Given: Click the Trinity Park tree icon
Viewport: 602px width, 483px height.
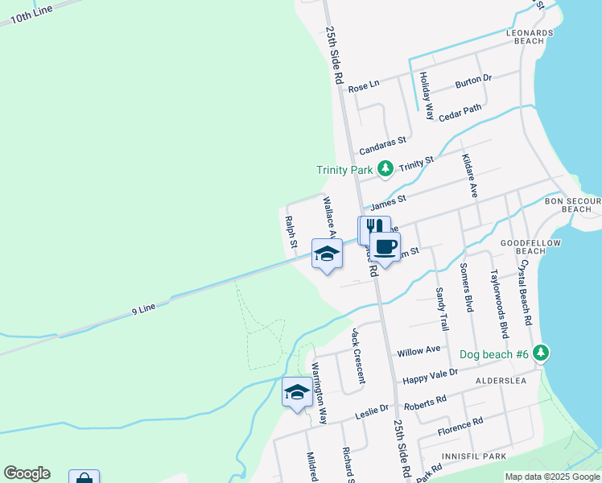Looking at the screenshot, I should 386,169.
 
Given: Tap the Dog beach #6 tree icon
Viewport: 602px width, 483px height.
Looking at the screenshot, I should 542,353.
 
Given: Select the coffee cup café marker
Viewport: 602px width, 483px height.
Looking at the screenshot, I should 385,246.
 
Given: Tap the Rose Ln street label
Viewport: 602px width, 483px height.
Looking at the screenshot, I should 363,86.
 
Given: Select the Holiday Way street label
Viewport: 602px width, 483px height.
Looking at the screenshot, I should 427,96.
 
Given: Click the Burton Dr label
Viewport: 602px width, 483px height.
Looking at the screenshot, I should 472,80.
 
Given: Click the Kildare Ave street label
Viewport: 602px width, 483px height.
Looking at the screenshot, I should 470,177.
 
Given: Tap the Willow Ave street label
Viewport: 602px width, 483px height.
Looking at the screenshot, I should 419,351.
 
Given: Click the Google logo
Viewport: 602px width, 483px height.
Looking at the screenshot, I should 27,473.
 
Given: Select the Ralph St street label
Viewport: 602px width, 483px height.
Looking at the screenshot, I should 291,232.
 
